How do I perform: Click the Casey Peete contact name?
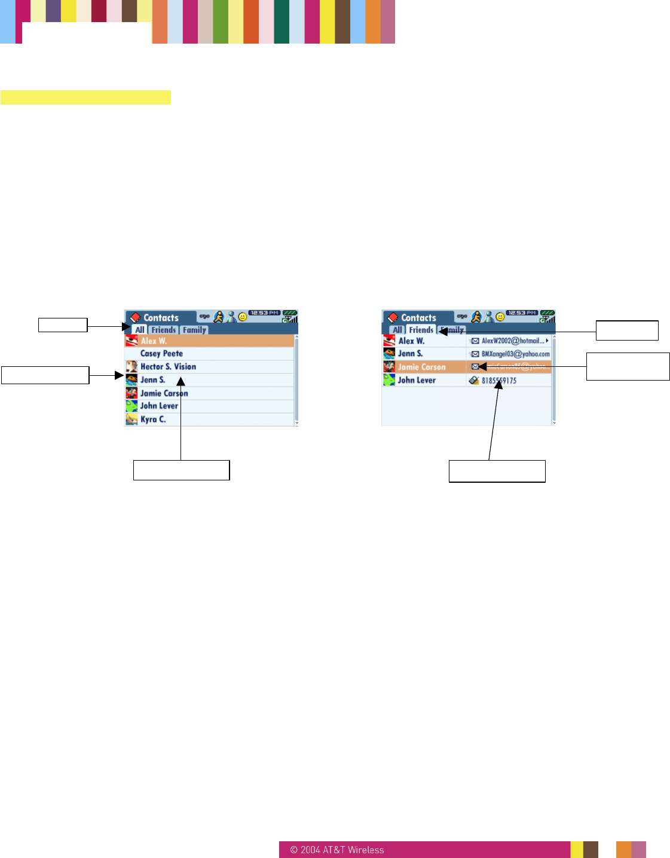coord(161,354)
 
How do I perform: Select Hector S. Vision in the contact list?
coord(168,367)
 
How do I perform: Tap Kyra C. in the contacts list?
coord(153,419)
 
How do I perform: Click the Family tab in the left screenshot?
coord(195,330)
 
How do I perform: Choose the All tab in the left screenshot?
coord(140,330)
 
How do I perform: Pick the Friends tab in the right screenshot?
coord(421,330)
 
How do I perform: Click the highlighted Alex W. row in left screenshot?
coord(209,341)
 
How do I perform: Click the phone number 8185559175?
coord(499,381)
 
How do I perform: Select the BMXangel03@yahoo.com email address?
coord(515,354)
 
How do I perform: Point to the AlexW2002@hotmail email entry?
coord(513,341)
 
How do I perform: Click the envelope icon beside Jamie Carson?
coord(475,367)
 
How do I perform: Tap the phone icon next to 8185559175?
coord(474,381)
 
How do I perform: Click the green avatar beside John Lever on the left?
coord(131,406)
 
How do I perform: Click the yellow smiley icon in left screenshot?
coord(243,317)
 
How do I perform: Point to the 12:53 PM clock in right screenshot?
coord(522,312)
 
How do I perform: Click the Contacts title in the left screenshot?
coord(161,318)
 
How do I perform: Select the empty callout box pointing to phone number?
coord(497,471)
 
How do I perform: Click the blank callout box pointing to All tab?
coord(63,325)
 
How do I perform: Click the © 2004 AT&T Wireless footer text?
coord(337,850)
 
